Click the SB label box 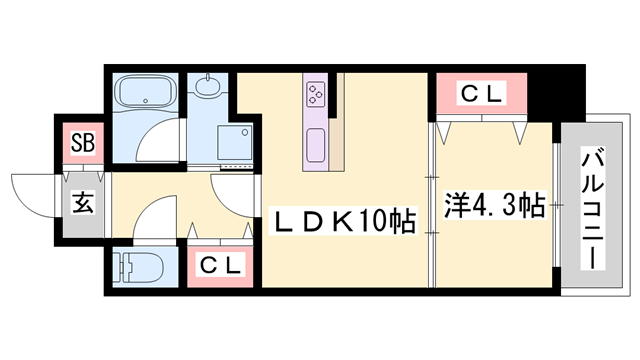click(x=83, y=143)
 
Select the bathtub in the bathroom click(x=146, y=96)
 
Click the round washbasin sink click(x=209, y=89)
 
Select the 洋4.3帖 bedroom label click(x=494, y=207)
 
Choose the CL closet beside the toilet click(x=219, y=266)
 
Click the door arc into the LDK click(x=237, y=191)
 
